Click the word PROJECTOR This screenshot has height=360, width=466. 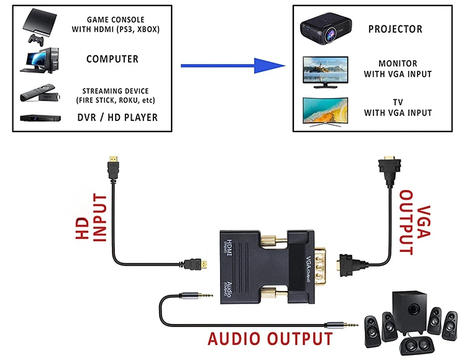395,29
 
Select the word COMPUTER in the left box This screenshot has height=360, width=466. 112,60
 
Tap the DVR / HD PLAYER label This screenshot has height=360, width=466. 117,117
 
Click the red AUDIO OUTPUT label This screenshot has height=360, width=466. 270,340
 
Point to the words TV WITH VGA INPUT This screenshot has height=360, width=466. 397,107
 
